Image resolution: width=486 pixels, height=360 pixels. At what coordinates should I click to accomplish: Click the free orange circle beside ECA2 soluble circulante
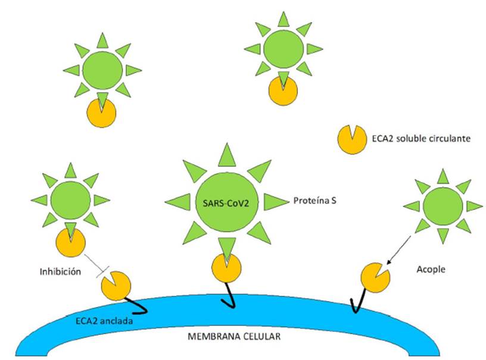[x=352, y=139]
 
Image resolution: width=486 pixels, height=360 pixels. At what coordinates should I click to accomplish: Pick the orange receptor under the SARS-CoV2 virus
[x=226, y=268]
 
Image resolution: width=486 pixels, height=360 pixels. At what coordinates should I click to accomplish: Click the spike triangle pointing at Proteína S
[x=276, y=202]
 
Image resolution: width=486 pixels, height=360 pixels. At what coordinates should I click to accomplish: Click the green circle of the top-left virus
[x=102, y=70]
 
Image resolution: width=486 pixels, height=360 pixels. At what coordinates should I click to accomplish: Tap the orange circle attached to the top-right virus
[x=283, y=90]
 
